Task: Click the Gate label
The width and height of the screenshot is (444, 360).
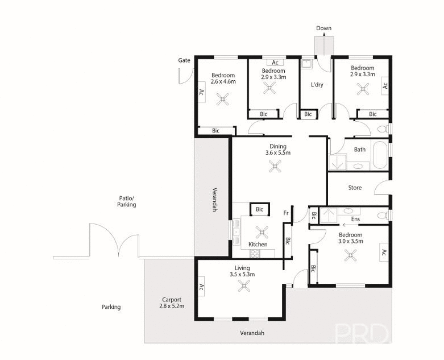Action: point(184,60)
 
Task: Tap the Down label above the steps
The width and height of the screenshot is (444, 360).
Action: point(323,28)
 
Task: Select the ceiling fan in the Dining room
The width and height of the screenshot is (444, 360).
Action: point(276,166)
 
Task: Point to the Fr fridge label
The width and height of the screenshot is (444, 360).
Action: point(286,213)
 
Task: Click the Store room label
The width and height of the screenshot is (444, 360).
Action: point(355,187)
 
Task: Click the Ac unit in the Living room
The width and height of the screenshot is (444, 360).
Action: point(201,287)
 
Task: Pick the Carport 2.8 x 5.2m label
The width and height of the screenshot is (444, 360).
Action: point(171,303)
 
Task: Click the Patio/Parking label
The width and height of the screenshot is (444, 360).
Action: point(126,201)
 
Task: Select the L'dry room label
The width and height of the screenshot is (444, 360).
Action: point(317,85)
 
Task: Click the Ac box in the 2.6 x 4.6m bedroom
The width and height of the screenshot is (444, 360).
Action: point(201,92)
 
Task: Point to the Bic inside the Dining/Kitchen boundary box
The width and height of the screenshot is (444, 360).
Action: point(259,210)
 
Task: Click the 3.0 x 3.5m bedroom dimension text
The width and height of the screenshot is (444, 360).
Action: point(350,241)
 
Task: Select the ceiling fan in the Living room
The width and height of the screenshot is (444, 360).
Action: point(244,287)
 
